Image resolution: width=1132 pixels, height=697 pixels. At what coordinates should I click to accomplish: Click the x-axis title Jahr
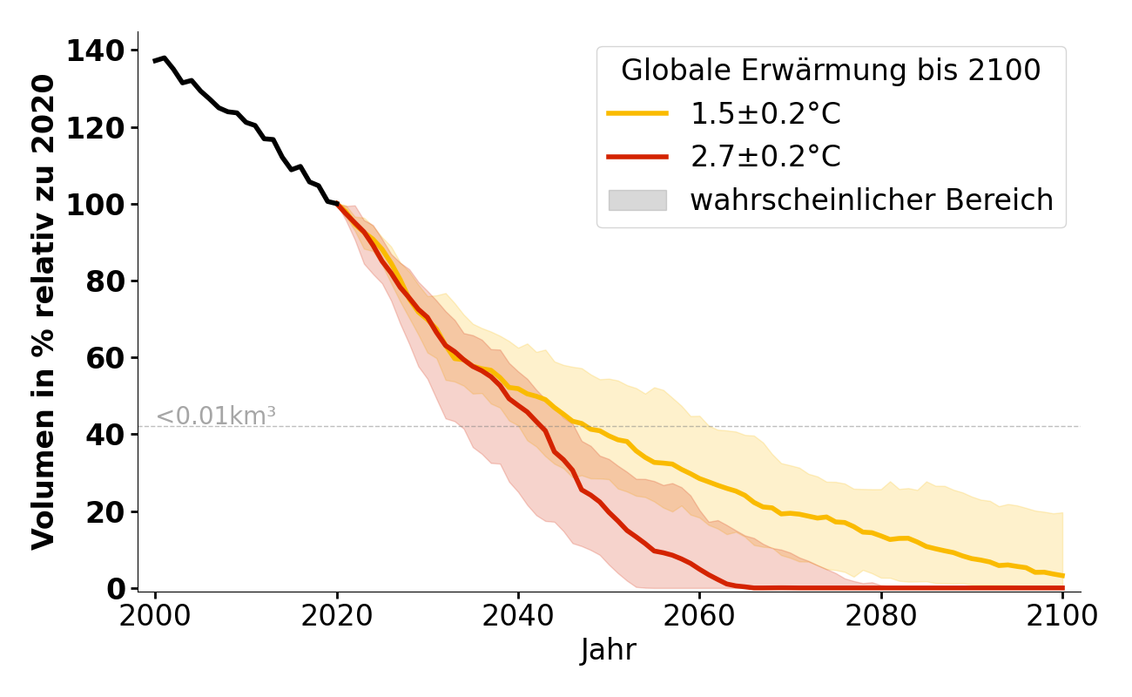tap(609, 650)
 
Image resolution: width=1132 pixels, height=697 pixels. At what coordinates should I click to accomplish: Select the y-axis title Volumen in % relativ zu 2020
tap(44, 312)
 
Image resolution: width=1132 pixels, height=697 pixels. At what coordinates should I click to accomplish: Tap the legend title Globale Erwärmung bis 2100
tap(831, 71)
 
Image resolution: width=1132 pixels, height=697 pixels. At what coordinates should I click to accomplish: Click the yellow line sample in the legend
tap(637, 113)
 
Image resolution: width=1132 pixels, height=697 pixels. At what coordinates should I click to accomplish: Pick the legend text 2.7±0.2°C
tap(765, 157)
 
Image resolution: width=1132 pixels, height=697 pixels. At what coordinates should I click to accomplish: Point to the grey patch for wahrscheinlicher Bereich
tap(637, 200)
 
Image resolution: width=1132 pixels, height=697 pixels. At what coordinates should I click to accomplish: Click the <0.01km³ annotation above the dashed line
tap(216, 416)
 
